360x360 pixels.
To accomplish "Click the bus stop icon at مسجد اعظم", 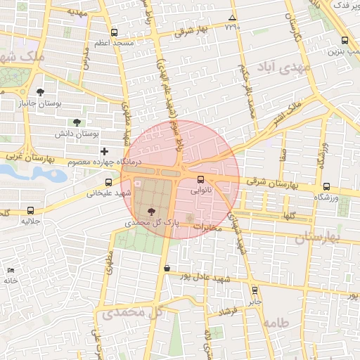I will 114,32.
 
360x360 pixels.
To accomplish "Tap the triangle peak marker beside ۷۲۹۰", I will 233,18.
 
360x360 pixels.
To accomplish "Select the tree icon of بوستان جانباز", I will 40,92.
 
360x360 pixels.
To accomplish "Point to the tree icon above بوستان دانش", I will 77,122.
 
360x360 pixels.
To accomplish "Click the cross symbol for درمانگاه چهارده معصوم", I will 105,151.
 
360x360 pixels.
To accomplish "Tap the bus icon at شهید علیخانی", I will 108,183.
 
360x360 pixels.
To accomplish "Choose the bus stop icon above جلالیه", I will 30,210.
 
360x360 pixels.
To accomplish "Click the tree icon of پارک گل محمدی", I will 152,211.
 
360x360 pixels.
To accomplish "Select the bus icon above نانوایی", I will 201,179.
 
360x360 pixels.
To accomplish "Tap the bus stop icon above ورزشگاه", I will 327,187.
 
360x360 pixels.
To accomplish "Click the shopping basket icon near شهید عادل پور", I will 167,268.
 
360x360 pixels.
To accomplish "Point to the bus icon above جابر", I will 255,290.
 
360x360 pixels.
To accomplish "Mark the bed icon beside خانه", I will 10,271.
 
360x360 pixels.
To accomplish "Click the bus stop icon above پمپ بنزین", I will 344,40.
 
